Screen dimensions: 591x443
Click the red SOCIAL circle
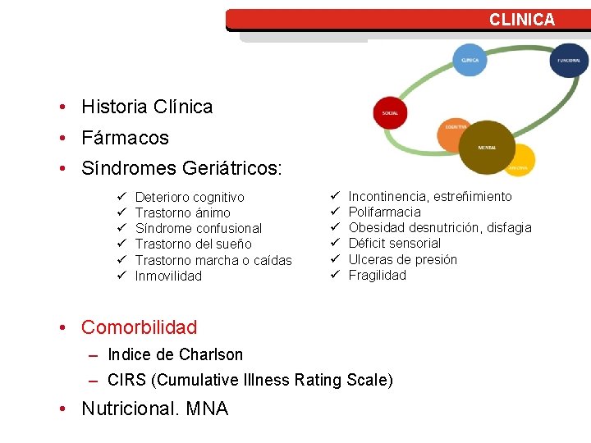[x=390, y=113]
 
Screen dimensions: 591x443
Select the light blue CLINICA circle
[x=470, y=60]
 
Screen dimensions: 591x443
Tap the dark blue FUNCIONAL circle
[x=569, y=60]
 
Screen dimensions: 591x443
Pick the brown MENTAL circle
[x=487, y=147]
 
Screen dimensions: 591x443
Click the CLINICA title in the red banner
[x=522, y=20]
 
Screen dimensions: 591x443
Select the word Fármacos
[x=125, y=138]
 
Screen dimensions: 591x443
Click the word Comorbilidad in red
[x=139, y=327]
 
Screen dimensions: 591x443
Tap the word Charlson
[x=211, y=354]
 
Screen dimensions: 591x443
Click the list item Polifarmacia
[x=384, y=212]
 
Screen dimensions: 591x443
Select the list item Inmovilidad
[x=167, y=276]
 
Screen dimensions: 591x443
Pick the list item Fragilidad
[x=377, y=275]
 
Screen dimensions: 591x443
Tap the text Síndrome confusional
[x=198, y=228]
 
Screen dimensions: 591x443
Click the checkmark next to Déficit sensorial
[x=335, y=243]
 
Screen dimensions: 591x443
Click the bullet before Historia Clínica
[x=62, y=107]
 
